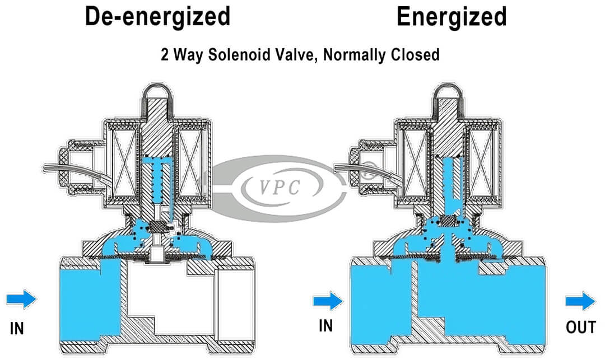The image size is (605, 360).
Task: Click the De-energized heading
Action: tap(157, 17)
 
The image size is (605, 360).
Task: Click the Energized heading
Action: tap(452, 17)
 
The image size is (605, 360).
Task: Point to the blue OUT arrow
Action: tap(580, 301)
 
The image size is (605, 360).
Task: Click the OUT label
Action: tap(580, 327)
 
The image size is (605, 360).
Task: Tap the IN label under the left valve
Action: tap(17, 328)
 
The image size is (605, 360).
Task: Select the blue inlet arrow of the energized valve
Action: tap(328, 301)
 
